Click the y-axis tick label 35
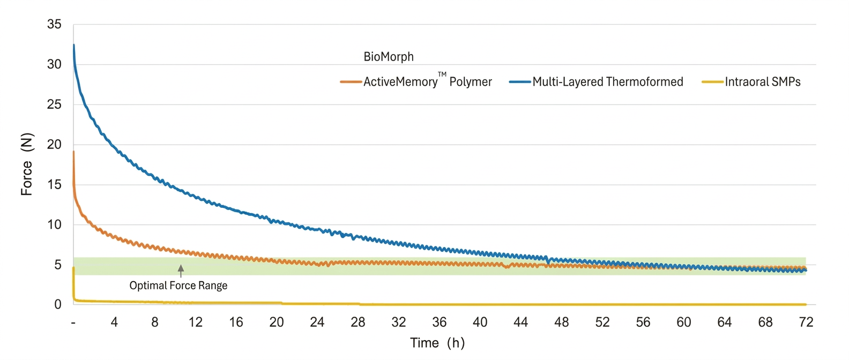54,25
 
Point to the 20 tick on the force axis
54,145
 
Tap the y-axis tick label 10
54,224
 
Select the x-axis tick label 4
114,322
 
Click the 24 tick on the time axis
317,322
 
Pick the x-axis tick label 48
562,322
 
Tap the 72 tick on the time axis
806,322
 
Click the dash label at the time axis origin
73,323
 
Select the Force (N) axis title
27,164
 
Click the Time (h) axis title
437,343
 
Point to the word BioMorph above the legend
389,57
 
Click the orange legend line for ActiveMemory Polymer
351,82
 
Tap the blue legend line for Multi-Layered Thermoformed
519,82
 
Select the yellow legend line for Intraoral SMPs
712,82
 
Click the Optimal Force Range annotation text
178,286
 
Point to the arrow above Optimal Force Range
181,271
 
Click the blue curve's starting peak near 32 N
73,45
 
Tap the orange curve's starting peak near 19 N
73,152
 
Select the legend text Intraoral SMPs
763,82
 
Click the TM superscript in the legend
442,74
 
